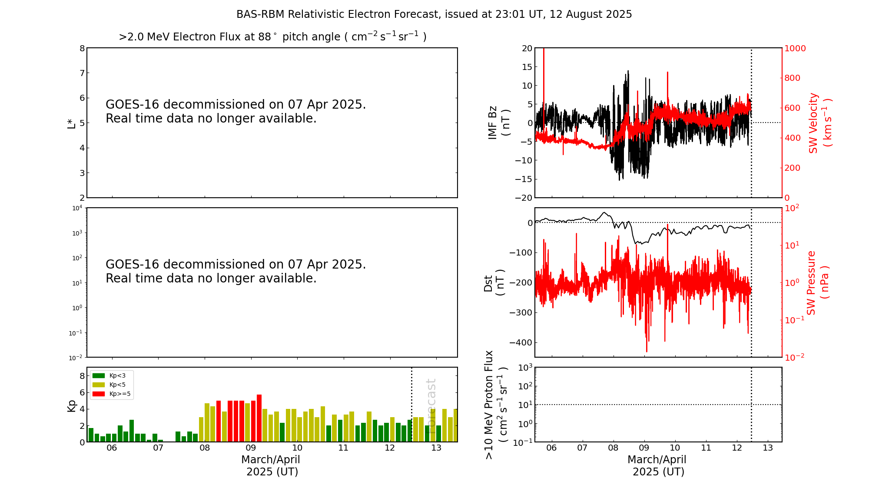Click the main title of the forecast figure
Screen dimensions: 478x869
click(434, 14)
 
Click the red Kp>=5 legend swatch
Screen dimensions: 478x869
click(99, 394)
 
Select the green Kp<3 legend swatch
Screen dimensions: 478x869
click(99, 375)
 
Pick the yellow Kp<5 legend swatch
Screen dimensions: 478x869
click(99, 385)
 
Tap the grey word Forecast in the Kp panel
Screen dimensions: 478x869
click(431, 400)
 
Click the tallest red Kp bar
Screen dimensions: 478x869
click(259, 418)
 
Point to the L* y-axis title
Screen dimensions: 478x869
click(72, 123)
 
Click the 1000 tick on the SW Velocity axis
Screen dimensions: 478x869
click(795, 48)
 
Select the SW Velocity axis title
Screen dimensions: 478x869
click(819, 123)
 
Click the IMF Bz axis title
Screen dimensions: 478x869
click(499, 123)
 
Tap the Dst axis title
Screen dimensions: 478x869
click(494, 282)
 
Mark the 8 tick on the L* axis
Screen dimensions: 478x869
click(82, 48)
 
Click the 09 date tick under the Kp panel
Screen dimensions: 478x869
click(251, 448)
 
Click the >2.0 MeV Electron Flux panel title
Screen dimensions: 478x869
click(272, 37)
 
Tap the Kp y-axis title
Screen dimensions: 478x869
click(72, 405)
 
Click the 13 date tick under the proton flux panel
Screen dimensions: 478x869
click(768, 448)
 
